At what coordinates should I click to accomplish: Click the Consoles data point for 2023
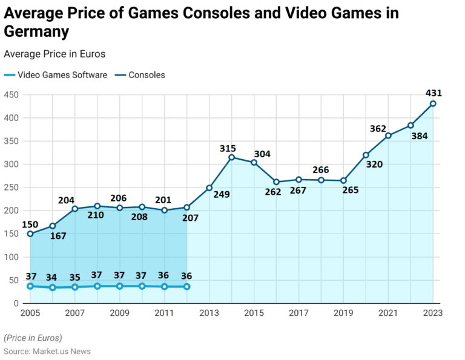point(433,103)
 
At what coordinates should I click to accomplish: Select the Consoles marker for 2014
point(231,157)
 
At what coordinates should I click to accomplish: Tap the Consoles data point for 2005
point(30,234)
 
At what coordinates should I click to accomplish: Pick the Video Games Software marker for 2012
point(186,286)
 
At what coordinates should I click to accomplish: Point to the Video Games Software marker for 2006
point(52,287)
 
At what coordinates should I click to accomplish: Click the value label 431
point(434,93)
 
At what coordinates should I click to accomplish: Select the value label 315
point(228,148)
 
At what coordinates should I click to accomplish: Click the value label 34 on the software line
point(52,277)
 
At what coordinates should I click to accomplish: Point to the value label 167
point(58,235)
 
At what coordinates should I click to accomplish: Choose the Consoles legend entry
point(140,75)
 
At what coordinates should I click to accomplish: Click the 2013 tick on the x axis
point(209,313)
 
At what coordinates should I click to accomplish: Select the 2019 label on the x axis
point(343,313)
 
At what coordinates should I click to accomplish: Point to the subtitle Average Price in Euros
point(54,54)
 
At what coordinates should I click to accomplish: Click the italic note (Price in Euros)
point(33,338)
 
